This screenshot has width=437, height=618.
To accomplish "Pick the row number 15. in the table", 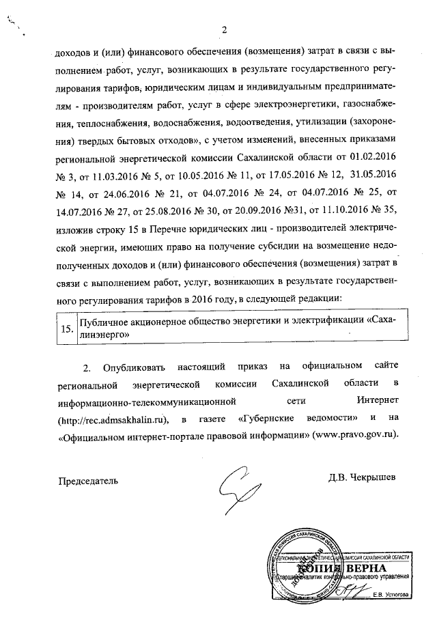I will click(68, 328).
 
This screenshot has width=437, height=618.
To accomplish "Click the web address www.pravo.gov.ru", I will click(354, 434).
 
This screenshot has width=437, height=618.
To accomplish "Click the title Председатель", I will click(87, 480).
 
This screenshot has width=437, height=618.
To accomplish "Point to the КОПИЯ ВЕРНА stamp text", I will click(341, 568).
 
